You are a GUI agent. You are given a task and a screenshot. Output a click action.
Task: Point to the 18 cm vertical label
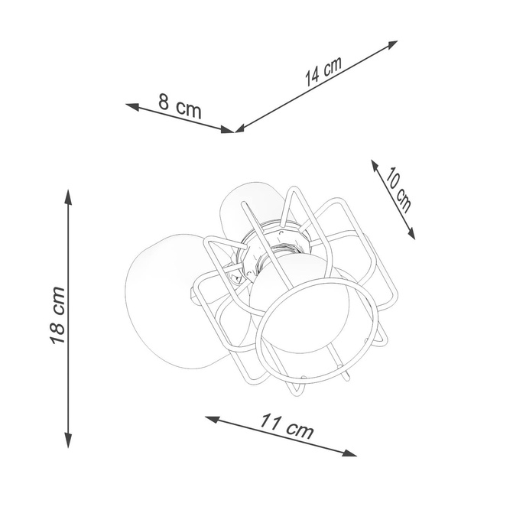[x=58, y=314]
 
